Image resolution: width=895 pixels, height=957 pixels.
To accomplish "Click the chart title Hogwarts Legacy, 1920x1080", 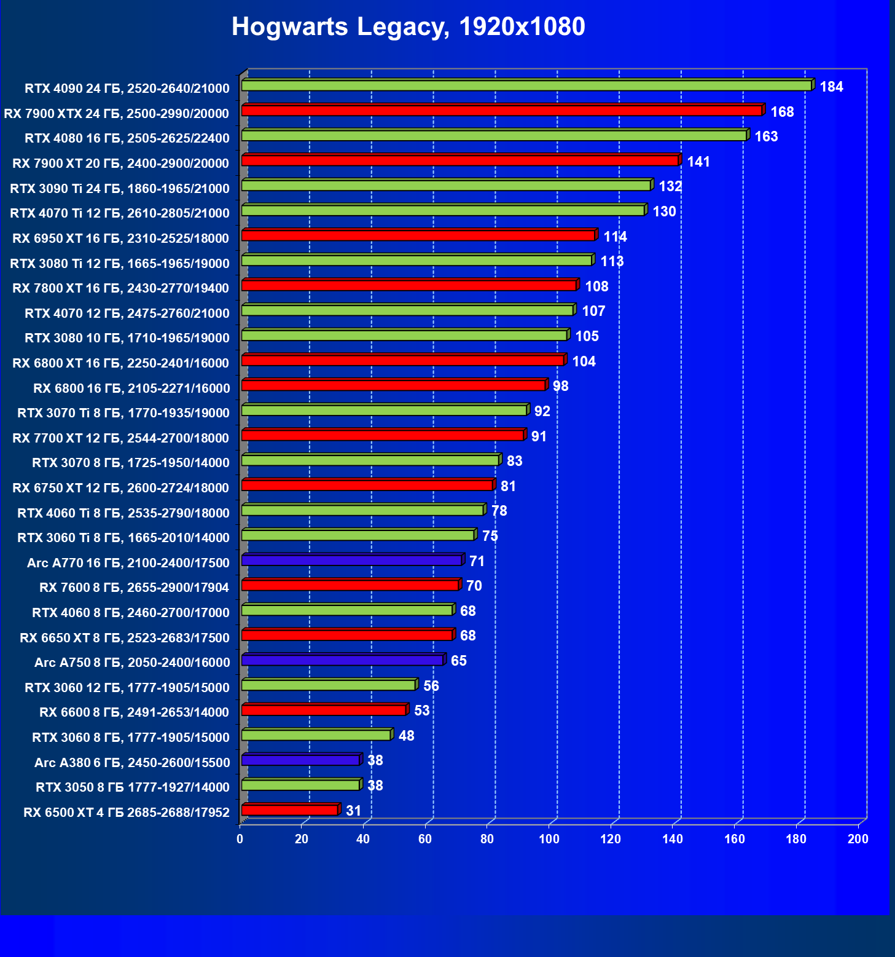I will click(408, 27).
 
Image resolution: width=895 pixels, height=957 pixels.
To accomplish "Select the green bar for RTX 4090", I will click(526, 85).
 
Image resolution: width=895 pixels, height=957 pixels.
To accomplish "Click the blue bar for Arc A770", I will click(351, 561).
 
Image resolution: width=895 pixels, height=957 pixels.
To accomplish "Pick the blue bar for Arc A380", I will click(300, 760).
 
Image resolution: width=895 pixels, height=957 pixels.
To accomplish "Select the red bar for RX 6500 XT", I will click(289, 811).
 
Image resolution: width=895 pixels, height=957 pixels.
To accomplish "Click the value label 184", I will click(831, 87).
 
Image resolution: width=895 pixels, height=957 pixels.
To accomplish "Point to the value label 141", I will click(698, 162).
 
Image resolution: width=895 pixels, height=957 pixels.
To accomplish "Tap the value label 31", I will click(353, 811).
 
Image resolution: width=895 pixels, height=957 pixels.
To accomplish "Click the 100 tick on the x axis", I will click(549, 840).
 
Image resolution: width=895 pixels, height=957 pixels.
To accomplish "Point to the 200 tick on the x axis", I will click(858, 840).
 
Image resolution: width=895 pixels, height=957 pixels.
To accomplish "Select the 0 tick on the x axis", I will click(240, 840).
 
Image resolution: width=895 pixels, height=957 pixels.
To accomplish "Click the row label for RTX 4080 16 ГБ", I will click(127, 138).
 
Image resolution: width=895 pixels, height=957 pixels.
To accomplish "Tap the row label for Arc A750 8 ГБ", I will click(132, 663).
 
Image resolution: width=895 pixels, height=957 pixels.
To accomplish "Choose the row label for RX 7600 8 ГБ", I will click(134, 588).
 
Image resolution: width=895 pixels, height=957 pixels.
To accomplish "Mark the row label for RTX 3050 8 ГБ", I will click(132, 787).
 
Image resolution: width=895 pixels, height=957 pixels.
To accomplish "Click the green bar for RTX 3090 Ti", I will click(446, 186).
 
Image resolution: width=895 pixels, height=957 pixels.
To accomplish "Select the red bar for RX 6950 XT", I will click(418, 235).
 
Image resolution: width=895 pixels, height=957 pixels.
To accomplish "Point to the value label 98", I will click(560, 386).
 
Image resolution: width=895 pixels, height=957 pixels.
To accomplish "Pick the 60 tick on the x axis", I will click(425, 840).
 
